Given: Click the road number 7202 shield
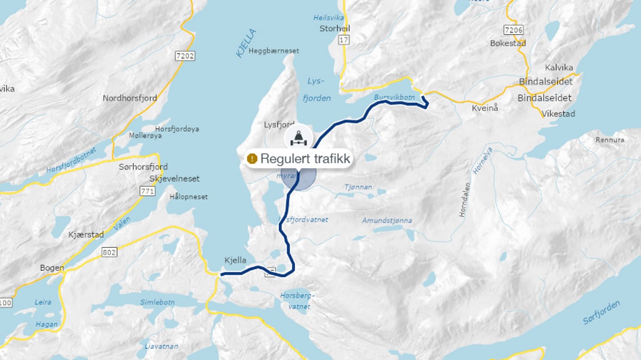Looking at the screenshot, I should point(185,55).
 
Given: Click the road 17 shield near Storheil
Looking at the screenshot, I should point(343,40).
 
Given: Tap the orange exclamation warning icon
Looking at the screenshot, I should point(253,159).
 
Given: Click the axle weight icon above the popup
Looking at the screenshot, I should point(298,137).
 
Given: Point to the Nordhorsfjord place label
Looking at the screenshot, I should point(130,98).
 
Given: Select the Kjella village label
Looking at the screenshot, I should point(236,260).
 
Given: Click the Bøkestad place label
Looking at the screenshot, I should point(508,43).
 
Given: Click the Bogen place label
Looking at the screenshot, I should point(52,268).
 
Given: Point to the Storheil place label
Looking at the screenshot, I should point(334,28).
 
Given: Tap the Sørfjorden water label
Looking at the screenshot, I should point(601,313).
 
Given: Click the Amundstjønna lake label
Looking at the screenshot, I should point(387,221).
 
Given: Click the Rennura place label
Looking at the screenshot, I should point(609,140).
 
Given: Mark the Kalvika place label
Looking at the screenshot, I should point(559,67).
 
